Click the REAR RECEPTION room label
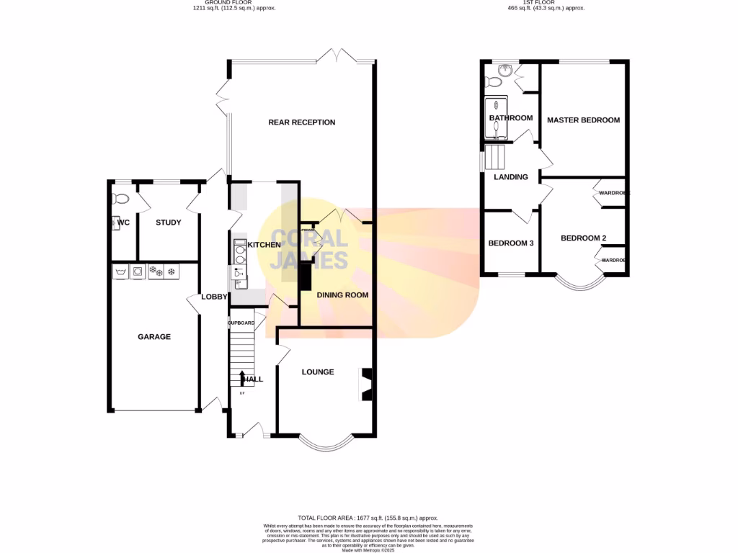pos(301,122)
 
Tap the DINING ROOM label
pos(342,295)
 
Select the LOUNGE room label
pos(318,372)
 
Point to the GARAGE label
pos(154,336)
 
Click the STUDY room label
pos(169,222)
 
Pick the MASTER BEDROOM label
pos(583,120)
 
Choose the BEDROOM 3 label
pos(511,243)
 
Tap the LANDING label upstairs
pos(510,177)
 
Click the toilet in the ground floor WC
pos(120,198)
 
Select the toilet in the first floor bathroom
pos(504,71)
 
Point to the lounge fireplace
pos(367,384)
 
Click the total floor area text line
pos(368,518)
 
